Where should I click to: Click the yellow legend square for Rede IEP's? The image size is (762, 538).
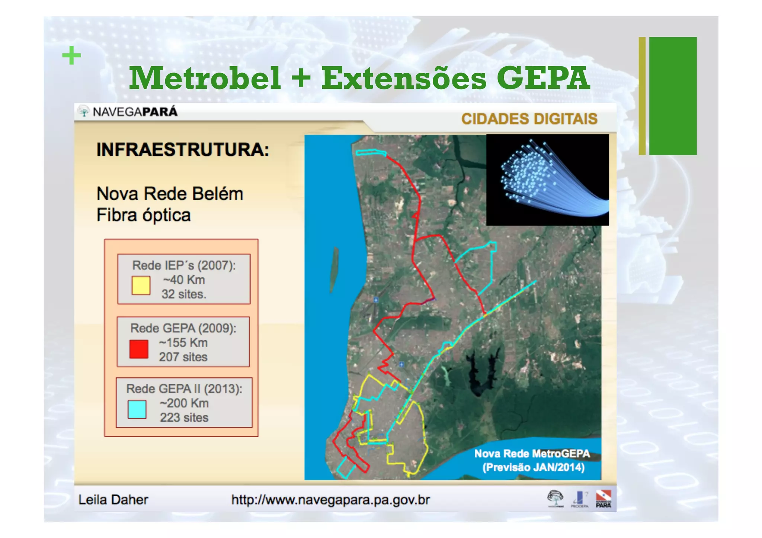pyautogui.click(x=141, y=285)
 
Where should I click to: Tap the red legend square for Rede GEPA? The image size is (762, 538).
pyautogui.click(x=139, y=349)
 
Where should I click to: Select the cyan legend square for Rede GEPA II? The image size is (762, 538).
pyautogui.click(x=137, y=409)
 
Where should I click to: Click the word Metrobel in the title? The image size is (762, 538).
pyautogui.click(x=205, y=78)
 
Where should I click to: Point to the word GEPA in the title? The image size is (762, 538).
pyautogui.click(x=543, y=78)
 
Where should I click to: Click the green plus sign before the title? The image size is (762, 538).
pyautogui.click(x=71, y=56)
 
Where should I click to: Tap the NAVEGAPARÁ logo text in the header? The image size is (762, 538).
pyautogui.click(x=135, y=112)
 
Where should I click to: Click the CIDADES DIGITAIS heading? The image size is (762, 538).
pyautogui.click(x=529, y=119)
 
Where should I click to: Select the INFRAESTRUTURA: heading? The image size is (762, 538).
pyautogui.click(x=183, y=150)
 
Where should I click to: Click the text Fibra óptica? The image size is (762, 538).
pyautogui.click(x=144, y=215)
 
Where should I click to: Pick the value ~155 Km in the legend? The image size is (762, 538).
pyautogui.click(x=183, y=342)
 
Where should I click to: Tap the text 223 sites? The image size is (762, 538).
pyautogui.click(x=184, y=418)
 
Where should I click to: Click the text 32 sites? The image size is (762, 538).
pyautogui.click(x=184, y=294)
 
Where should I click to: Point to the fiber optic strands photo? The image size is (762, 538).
pyautogui.click(x=547, y=180)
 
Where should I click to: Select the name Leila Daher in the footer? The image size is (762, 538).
pyautogui.click(x=113, y=499)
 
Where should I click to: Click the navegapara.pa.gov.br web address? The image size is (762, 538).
pyautogui.click(x=330, y=500)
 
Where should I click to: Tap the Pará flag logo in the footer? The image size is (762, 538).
pyautogui.click(x=603, y=498)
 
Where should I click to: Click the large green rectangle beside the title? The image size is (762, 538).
pyautogui.click(x=673, y=96)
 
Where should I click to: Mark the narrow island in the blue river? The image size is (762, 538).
pyautogui.click(x=334, y=269)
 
